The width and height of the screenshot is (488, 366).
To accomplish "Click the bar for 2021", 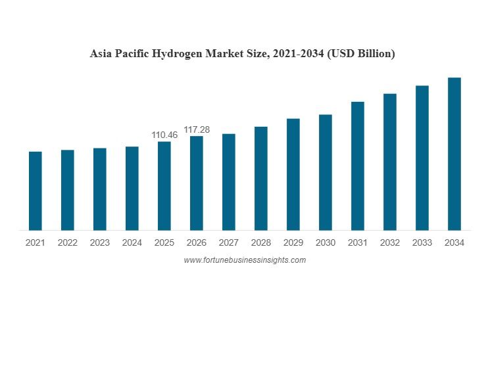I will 36,191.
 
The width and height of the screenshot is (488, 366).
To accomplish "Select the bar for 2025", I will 164,186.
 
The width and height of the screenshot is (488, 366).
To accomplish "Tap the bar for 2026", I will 197,183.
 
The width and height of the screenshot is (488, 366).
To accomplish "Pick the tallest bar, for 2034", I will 454,154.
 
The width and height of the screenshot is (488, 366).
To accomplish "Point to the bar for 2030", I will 326,172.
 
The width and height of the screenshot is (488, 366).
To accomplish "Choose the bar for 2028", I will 261,178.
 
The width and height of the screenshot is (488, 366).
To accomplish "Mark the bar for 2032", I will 390,162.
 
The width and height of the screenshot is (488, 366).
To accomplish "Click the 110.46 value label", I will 164,135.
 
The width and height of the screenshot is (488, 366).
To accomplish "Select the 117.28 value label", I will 197,129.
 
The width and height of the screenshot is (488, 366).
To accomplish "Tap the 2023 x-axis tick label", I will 100,242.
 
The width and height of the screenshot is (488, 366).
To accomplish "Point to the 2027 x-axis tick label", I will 229,242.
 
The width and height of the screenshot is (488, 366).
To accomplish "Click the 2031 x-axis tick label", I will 358,242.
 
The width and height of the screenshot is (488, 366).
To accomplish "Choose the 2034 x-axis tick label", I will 454,242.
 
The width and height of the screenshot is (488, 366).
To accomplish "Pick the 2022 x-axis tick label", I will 68,242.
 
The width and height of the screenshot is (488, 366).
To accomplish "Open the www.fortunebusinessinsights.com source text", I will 245,260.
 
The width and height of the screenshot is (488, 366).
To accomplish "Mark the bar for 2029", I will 293,174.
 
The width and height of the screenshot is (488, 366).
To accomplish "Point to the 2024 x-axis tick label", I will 132,242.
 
